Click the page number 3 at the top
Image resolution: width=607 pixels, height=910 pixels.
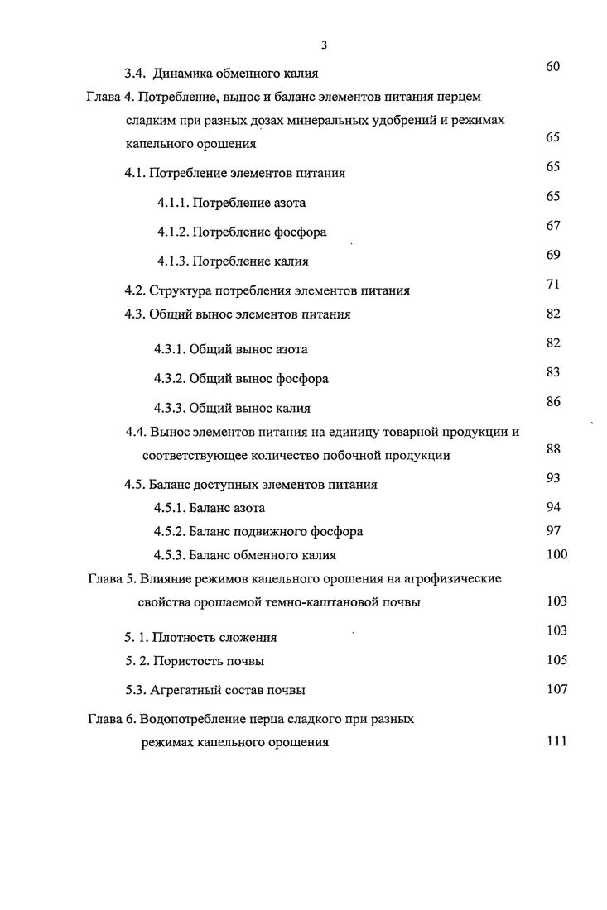(x=325, y=45)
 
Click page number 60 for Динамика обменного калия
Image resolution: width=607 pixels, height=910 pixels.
(x=554, y=67)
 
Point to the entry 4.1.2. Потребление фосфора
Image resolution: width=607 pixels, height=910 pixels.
(x=242, y=232)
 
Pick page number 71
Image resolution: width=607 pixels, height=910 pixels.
(x=554, y=284)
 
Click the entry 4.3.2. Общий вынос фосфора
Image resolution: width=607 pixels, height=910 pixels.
(x=241, y=379)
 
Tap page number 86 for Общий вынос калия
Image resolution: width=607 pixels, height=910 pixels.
(x=554, y=401)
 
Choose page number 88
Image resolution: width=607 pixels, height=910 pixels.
(x=554, y=448)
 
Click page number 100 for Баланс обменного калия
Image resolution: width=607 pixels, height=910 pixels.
(x=556, y=554)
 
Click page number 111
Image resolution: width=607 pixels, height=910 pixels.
(x=556, y=741)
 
